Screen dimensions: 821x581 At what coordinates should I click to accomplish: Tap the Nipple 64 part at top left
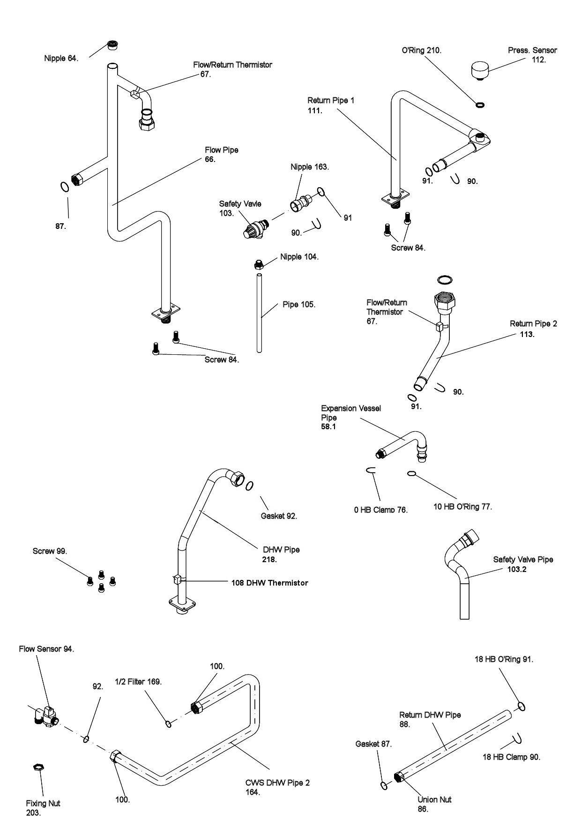(112, 45)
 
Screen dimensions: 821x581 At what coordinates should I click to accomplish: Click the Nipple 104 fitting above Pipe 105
(257, 264)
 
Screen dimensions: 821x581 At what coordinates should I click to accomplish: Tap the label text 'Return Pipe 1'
(331, 100)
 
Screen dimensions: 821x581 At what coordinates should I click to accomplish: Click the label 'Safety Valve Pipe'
(523, 559)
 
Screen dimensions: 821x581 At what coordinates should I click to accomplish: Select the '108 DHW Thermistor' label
(269, 583)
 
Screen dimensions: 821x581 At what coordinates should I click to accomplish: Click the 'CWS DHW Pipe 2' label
(277, 782)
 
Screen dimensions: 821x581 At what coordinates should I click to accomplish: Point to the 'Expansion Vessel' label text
(351, 408)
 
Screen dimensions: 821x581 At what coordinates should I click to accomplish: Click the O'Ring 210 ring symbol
(480, 104)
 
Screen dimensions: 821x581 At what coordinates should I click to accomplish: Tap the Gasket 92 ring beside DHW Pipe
(250, 485)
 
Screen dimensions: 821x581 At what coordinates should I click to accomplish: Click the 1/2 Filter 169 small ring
(168, 725)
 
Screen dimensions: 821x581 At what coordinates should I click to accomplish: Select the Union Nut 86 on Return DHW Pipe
(399, 777)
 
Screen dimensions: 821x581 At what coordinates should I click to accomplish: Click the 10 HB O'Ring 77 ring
(411, 474)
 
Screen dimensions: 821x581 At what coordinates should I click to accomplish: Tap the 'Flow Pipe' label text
(221, 150)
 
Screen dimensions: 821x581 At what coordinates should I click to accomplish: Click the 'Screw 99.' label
(50, 551)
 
